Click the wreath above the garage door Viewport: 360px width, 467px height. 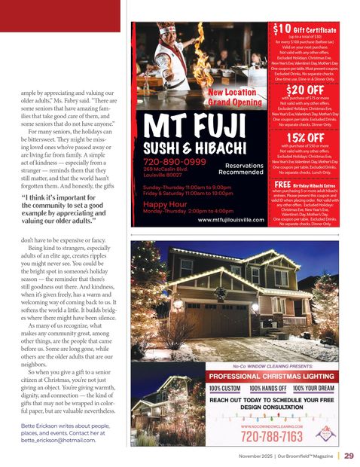[x=220, y=293]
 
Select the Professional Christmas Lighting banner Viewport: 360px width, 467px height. [x=272, y=375]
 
